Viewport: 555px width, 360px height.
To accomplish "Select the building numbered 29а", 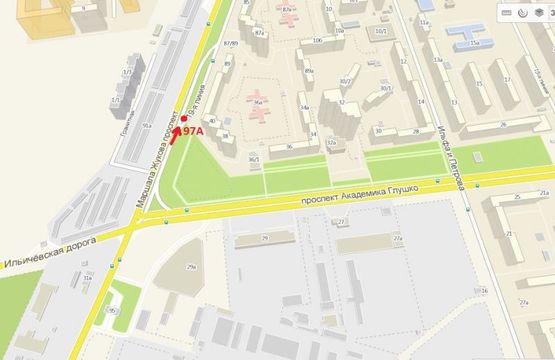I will point(191,268).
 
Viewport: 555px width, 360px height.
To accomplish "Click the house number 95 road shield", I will point(113,311).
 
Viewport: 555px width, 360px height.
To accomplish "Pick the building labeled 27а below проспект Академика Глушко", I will point(396,241).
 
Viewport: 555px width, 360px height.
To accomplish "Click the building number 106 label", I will point(316,40).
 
